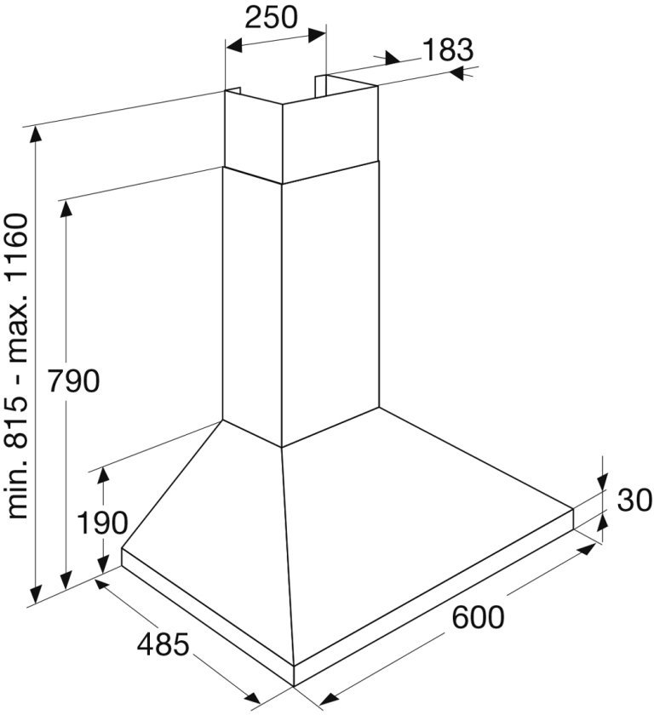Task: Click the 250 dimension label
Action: [272, 17]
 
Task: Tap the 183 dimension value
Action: [448, 49]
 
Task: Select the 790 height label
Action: [73, 380]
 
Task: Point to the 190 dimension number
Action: [102, 523]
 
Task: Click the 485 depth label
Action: [163, 645]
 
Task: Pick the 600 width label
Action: [478, 617]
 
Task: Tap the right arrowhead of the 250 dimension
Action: [317, 35]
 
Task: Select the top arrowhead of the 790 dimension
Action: [66, 209]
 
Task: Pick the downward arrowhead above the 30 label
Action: [603, 482]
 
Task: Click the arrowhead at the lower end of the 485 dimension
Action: [252, 697]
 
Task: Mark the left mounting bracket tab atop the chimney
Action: [232, 92]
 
